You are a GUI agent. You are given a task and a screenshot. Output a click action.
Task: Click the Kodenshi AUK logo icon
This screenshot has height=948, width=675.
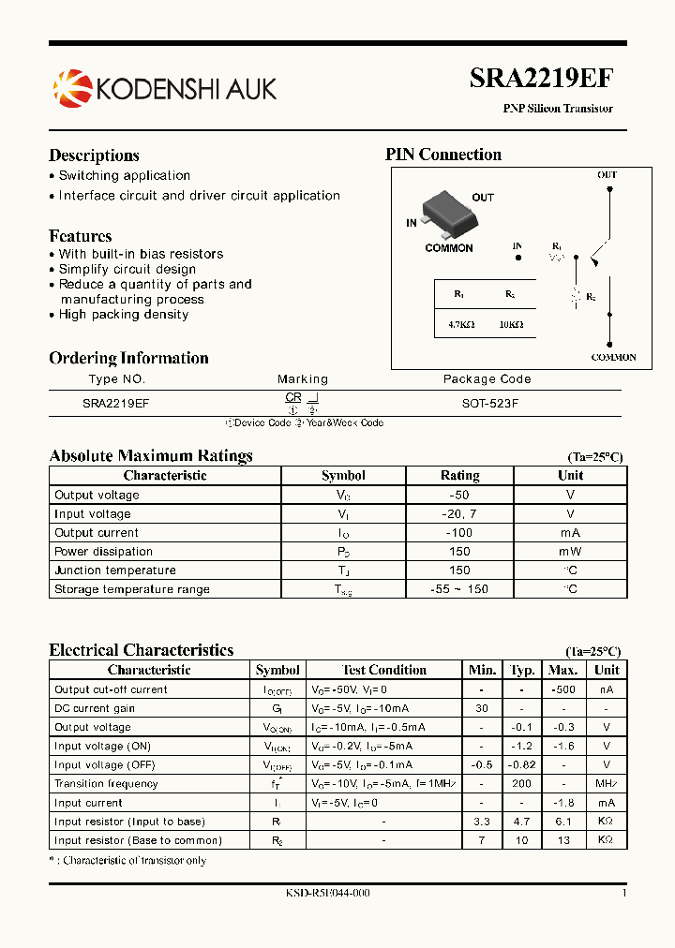coord(72,88)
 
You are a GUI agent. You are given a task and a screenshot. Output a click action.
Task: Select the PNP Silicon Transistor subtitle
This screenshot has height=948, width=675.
coord(558,109)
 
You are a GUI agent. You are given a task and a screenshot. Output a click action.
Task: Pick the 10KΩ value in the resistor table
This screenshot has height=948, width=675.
coord(510,324)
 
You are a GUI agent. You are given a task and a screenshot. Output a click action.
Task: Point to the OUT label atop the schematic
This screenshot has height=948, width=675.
coord(607,175)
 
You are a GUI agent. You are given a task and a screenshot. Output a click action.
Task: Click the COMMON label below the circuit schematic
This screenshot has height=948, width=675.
coord(613,357)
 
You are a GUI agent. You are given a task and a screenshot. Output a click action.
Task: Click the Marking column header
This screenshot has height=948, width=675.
coord(303,379)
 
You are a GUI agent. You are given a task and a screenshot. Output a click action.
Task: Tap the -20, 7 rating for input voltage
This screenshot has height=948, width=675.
coord(459,514)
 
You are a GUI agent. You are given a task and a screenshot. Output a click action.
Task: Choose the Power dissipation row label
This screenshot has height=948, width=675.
coord(103,552)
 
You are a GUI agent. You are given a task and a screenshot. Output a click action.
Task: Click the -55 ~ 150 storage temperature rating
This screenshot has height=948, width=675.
coord(459,589)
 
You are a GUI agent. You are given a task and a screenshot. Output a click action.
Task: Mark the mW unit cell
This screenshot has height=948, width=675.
coord(570,552)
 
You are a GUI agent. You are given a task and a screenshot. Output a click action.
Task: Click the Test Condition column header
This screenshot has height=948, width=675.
coord(383,670)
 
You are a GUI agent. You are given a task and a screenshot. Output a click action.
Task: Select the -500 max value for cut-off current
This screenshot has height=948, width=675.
coord(562,689)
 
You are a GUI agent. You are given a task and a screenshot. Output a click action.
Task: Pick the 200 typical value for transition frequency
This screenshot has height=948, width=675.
coord(521,784)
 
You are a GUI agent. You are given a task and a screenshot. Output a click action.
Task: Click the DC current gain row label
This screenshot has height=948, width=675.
coord(95,708)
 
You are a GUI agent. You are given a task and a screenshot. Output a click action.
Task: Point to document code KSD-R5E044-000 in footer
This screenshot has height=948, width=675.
coord(327,894)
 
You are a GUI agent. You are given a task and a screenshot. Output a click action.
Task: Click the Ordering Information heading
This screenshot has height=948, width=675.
coord(128,358)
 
